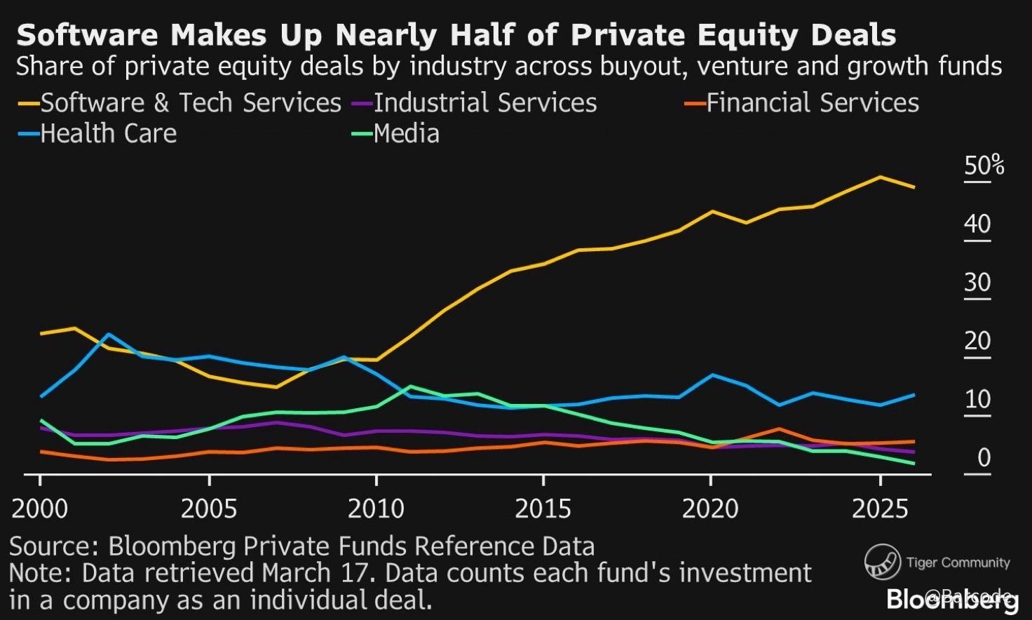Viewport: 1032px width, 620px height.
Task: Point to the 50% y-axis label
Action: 984,166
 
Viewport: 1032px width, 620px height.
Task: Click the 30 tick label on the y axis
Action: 977,283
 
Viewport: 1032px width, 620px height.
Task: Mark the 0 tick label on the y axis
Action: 984,458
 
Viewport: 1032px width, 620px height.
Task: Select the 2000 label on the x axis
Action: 40,508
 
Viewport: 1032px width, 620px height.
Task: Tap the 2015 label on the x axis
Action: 543,508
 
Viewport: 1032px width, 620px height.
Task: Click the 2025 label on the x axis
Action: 880,508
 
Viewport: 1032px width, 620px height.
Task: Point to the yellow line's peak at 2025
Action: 880,177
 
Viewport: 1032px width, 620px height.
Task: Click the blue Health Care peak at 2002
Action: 109,335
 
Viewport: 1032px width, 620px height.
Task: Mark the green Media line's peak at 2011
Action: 410,386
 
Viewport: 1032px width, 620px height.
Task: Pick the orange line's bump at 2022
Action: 778,429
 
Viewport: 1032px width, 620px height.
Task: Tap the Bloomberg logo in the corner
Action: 951,600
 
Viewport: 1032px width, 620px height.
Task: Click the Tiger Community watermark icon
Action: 882,562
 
